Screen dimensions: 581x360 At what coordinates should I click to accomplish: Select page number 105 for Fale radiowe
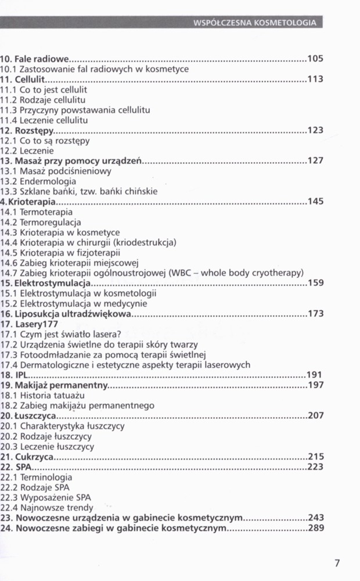315,59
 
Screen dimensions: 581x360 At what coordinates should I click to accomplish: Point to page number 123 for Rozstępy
315,130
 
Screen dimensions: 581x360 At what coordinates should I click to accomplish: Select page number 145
315,202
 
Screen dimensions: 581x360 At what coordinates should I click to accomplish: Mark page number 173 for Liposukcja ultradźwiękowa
315,314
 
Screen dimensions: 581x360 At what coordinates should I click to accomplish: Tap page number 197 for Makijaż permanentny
315,385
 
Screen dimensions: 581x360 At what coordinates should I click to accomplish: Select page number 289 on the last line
315,528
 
